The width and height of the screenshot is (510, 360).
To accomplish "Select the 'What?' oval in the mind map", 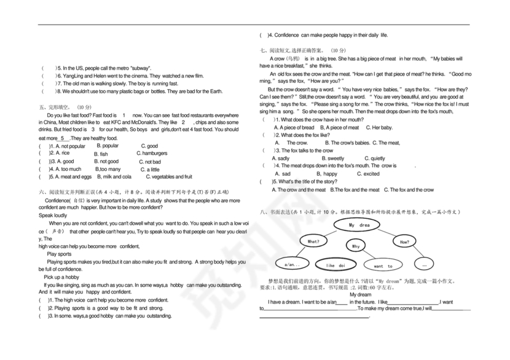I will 313,241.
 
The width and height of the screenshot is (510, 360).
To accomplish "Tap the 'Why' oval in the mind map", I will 356,246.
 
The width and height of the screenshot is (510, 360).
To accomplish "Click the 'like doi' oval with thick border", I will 335,265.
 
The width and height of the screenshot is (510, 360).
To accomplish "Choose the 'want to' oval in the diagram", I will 382,266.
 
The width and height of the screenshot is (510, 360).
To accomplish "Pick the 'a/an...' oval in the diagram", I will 292,265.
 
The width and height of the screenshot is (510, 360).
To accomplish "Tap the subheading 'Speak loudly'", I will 53,216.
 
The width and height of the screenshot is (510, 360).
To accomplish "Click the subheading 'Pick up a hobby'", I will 61,277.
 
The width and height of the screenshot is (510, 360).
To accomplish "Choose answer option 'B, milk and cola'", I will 113,176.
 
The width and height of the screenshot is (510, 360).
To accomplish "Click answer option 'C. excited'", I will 368,174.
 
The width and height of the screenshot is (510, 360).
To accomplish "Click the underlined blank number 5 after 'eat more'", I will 63,139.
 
